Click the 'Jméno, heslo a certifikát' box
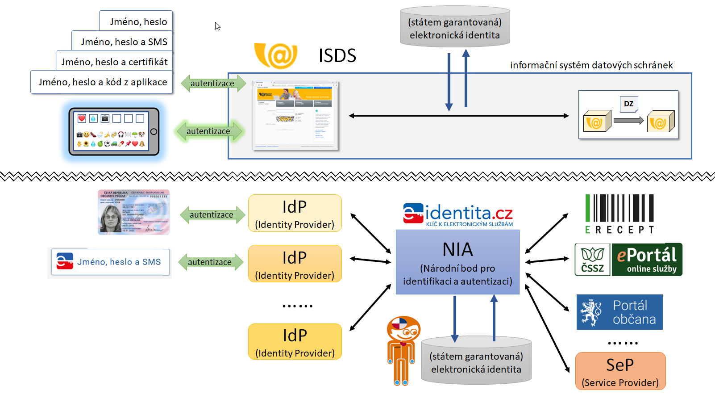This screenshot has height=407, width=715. tap(114, 62)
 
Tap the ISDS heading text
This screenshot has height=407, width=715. tap(337, 56)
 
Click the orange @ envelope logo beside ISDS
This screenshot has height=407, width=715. tap(276, 55)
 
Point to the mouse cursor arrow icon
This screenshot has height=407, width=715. tap(217, 26)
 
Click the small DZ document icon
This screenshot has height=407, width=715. tap(628, 104)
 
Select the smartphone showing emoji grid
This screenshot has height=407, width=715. tap(114, 131)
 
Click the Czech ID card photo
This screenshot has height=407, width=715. tap(133, 212)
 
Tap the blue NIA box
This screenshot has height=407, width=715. tap(457, 262)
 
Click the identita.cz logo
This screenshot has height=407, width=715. tap(458, 214)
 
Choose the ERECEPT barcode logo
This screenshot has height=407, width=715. tap(619, 214)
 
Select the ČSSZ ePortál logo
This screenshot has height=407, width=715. tap(628, 260)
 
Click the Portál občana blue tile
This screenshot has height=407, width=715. tap(619, 312)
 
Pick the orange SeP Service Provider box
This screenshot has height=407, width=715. tap(620, 371)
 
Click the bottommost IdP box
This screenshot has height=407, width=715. tap(295, 342)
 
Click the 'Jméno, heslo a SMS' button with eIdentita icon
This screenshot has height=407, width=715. tap(110, 262)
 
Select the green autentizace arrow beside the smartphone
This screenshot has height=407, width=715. tap(209, 131)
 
